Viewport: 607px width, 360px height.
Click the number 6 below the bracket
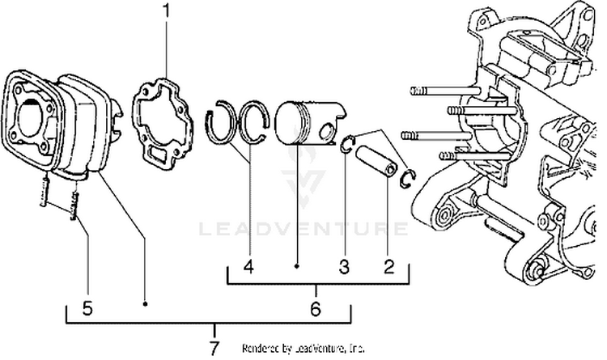[x=316, y=308]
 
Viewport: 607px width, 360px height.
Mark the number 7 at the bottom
[x=214, y=348]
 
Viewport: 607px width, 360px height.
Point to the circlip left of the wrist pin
[x=346, y=146]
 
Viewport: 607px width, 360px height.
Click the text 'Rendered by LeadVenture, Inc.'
[x=303, y=348]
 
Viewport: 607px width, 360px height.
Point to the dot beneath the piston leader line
[x=298, y=265]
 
